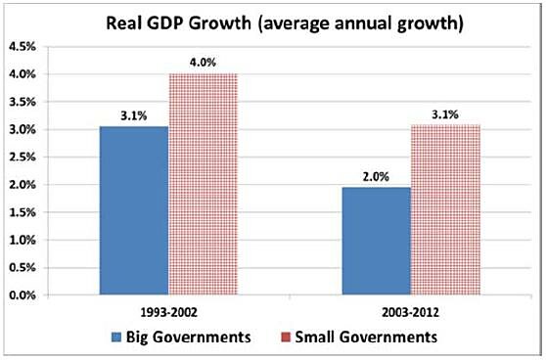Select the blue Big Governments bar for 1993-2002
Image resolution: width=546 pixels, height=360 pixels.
133,210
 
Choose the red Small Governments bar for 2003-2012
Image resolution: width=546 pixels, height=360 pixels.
446,209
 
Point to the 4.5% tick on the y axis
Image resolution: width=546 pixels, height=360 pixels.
23,47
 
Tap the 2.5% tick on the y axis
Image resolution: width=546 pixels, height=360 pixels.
23,157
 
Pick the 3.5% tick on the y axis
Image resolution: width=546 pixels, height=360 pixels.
23,102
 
